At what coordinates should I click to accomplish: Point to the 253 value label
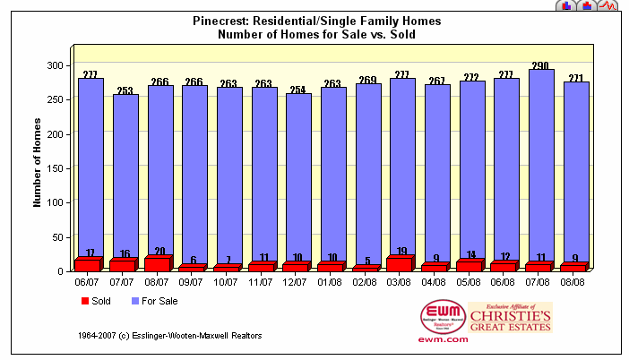click(124, 90)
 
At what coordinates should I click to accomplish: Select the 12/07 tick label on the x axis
click(297, 280)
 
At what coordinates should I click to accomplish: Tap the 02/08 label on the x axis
click(366, 280)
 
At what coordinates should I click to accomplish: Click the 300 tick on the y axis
click(56, 66)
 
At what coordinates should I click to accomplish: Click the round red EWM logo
click(443, 316)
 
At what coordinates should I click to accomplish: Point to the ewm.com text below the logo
click(443, 339)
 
